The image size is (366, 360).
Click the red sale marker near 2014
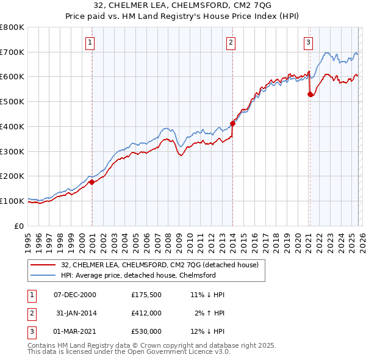(232, 124)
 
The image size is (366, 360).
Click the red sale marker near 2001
(91, 182)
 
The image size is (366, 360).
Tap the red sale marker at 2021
(310, 94)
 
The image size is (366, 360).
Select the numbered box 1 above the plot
(90, 42)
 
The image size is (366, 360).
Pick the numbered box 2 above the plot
(231, 42)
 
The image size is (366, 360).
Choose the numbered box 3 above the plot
(309, 42)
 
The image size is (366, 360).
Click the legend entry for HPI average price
(138, 275)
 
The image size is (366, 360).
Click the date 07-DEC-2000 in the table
(75, 295)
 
